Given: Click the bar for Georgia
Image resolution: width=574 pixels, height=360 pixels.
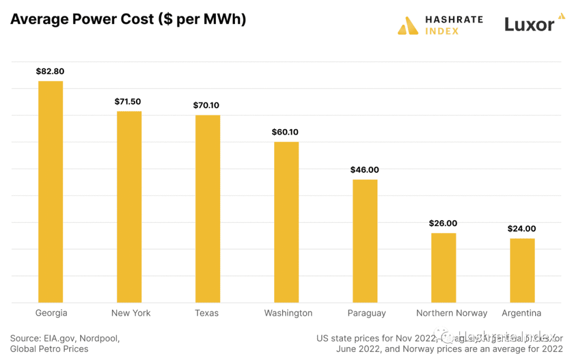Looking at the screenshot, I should pyautogui.click(x=50, y=191).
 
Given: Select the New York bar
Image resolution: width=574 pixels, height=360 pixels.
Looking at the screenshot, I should pyautogui.click(x=129, y=207).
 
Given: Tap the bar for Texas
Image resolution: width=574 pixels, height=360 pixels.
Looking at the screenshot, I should pyautogui.click(x=208, y=208).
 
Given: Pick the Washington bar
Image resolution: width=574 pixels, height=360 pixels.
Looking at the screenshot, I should pyautogui.click(x=286, y=222).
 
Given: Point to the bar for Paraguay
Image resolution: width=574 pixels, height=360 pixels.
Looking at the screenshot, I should pyautogui.click(x=365, y=241).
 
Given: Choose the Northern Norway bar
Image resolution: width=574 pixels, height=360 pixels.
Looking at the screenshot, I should pyautogui.click(x=443, y=267).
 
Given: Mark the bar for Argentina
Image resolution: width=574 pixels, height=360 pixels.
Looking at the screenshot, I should pyautogui.click(x=522, y=270).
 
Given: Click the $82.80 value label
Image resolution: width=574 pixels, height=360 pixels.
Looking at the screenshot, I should pyautogui.click(x=50, y=71).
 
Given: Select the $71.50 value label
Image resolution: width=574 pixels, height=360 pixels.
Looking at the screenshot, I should pyautogui.click(x=129, y=101).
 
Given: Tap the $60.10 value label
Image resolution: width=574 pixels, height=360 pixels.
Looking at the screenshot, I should pyautogui.click(x=286, y=132).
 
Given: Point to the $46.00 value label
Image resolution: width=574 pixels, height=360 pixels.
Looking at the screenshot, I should pyautogui.click(x=365, y=170).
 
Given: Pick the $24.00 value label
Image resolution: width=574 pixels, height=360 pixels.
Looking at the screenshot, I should pyautogui.click(x=521, y=229).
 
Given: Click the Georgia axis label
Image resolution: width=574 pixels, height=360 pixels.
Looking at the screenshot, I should pyautogui.click(x=51, y=313).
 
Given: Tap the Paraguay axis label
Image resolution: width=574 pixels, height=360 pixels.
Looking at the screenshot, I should pyautogui.click(x=367, y=313).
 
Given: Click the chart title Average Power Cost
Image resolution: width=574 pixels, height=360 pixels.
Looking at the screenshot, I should pyautogui.click(x=128, y=20).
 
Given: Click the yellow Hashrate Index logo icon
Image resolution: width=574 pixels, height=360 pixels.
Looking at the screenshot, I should pyautogui.click(x=408, y=25).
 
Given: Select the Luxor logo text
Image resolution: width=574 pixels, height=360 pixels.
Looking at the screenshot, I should pyautogui.click(x=529, y=24).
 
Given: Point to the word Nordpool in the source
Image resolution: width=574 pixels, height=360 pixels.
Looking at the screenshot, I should pyautogui.click(x=102, y=338).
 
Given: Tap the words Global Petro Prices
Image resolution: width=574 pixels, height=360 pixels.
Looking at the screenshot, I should pyautogui.click(x=49, y=349).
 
